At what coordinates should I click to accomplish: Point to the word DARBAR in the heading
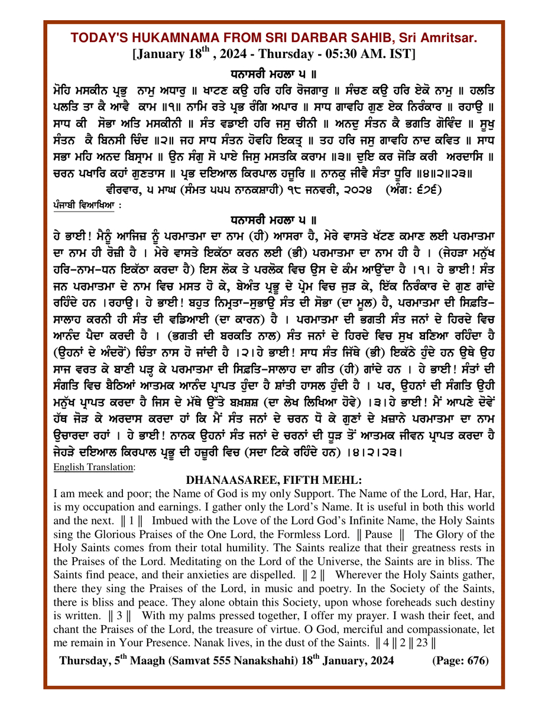(x=307, y=38)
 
